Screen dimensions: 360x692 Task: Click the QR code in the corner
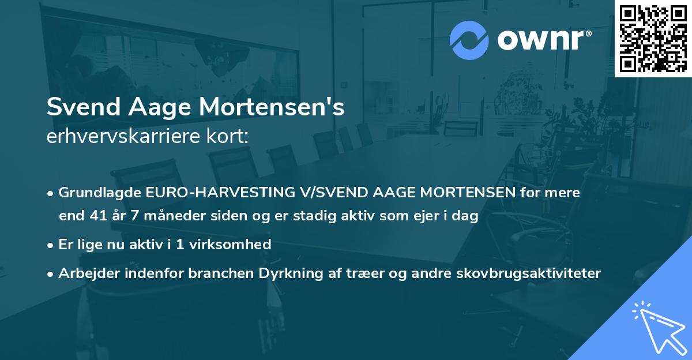pos(653,39)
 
